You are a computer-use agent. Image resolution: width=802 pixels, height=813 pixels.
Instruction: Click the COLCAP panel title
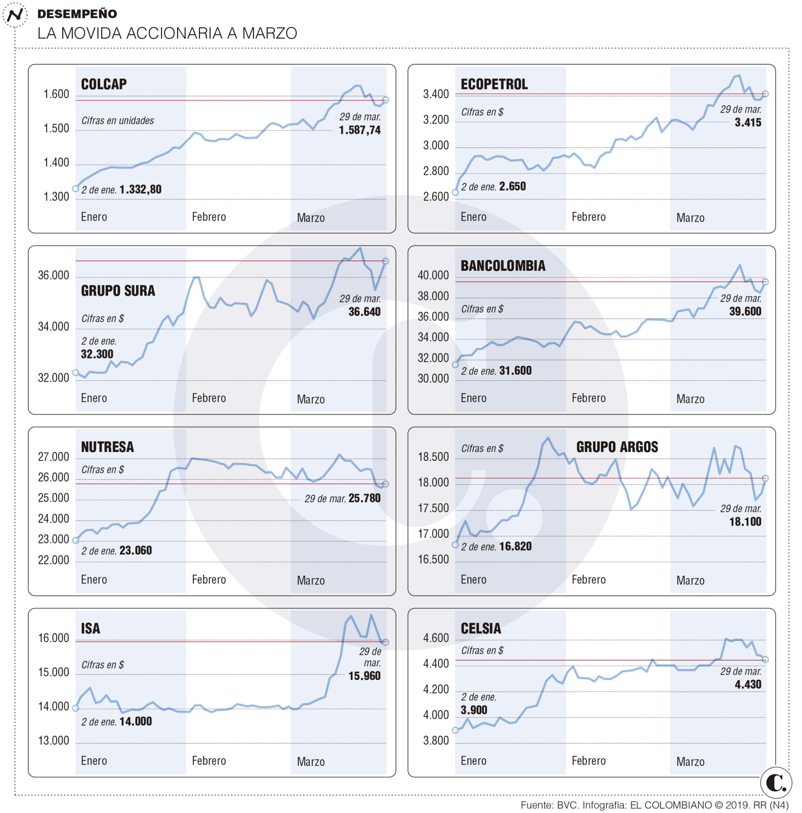click(104, 84)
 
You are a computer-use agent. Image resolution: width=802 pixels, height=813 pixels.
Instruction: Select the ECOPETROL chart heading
click(494, 84)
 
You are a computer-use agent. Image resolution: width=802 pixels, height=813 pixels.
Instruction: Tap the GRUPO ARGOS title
click(617, 447)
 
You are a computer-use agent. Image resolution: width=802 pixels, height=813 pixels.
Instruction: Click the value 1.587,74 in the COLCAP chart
click(360, 130)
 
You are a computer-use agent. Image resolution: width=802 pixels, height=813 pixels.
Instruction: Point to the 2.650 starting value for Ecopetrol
click(512, 187)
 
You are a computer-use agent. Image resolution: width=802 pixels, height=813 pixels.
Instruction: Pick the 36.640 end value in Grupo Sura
click(364, 312)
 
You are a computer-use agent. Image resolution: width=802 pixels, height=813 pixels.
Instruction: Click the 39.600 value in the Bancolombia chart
click(745, 311)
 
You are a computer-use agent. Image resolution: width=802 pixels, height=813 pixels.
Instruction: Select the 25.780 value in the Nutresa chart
click(364, 498)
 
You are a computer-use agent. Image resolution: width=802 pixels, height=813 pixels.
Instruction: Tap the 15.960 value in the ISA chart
click(364, 676)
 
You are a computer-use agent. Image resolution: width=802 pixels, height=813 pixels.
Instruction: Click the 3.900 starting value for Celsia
click(474, 710)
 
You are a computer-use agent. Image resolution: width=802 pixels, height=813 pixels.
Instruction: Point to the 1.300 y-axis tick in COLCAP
click(57, 197)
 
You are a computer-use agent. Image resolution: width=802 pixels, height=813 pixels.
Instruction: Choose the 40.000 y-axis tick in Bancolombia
click(433, 276)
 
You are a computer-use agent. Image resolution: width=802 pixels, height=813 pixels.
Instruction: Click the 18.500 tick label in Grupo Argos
click(433, 457)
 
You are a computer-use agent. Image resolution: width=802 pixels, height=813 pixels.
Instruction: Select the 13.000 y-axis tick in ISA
click(53, 741)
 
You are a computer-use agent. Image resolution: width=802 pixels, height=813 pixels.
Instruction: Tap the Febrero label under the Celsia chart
click(588, 761)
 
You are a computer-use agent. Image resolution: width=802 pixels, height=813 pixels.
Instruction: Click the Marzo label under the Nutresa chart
click(311, 581)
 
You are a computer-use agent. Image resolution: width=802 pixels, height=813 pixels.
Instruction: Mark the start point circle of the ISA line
click(76, 708)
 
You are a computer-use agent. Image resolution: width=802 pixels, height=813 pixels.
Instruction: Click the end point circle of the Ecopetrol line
click(765, 94)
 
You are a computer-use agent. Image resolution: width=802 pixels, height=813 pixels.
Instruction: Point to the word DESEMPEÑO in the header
click(77, 14)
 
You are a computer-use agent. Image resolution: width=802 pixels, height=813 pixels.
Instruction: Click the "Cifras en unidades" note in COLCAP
click(117, 121)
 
